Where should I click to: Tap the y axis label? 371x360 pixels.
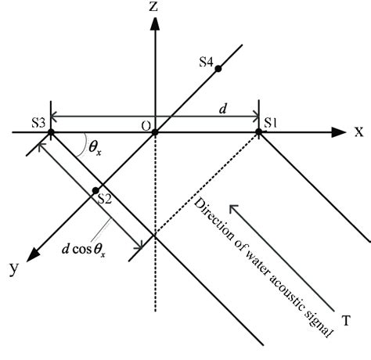tap(13, 268)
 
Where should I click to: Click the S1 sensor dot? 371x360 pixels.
tap(259, 132)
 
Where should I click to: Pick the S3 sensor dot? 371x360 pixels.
tap(51, 132)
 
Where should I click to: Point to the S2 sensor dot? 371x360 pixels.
tap(95, 190)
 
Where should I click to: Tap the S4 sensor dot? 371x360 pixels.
tap(218, 69)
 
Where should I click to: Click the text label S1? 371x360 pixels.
tap(270, 122)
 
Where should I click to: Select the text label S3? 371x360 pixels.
tap(38, 122)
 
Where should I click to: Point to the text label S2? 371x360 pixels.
tap(106, 199)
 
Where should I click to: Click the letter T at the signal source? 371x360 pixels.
tap(346, 319)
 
